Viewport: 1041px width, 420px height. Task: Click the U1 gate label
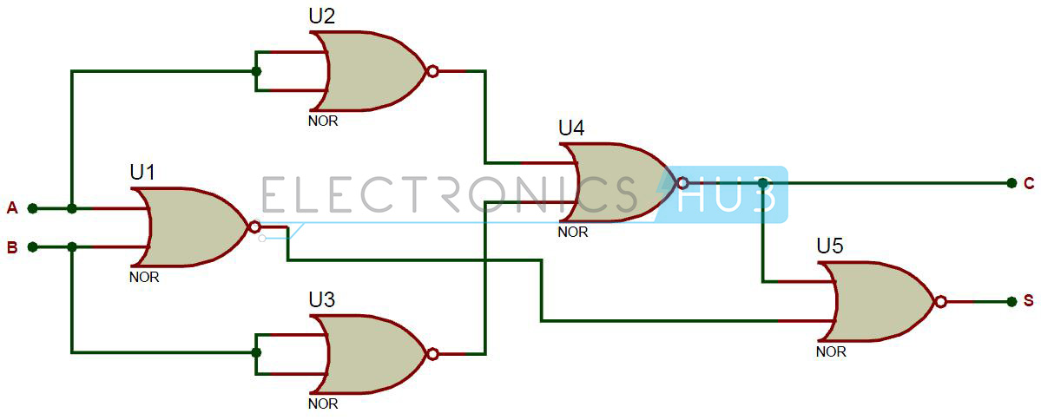142,174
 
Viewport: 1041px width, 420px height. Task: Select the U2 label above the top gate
321,16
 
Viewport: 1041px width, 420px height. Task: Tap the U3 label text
321,300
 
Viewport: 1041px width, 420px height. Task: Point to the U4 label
571,128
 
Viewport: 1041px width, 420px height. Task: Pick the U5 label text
830,246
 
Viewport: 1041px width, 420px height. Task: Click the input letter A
12,208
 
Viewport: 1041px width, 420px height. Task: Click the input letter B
12,248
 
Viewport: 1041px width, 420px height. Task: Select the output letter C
1029,183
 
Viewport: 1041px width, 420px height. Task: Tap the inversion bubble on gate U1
254,227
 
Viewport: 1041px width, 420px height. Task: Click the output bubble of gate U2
433,71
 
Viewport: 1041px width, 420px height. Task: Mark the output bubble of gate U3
433,354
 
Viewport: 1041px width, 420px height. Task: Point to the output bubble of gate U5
941,302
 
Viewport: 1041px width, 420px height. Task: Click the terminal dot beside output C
1011,183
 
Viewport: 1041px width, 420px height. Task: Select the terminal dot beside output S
1011,302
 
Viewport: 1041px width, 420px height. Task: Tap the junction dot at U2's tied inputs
257,72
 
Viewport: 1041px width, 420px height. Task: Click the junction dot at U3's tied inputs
257,353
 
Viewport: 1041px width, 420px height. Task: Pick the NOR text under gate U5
831,351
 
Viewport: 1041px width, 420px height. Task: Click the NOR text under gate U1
144,278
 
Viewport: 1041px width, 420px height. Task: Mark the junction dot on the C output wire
763,183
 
